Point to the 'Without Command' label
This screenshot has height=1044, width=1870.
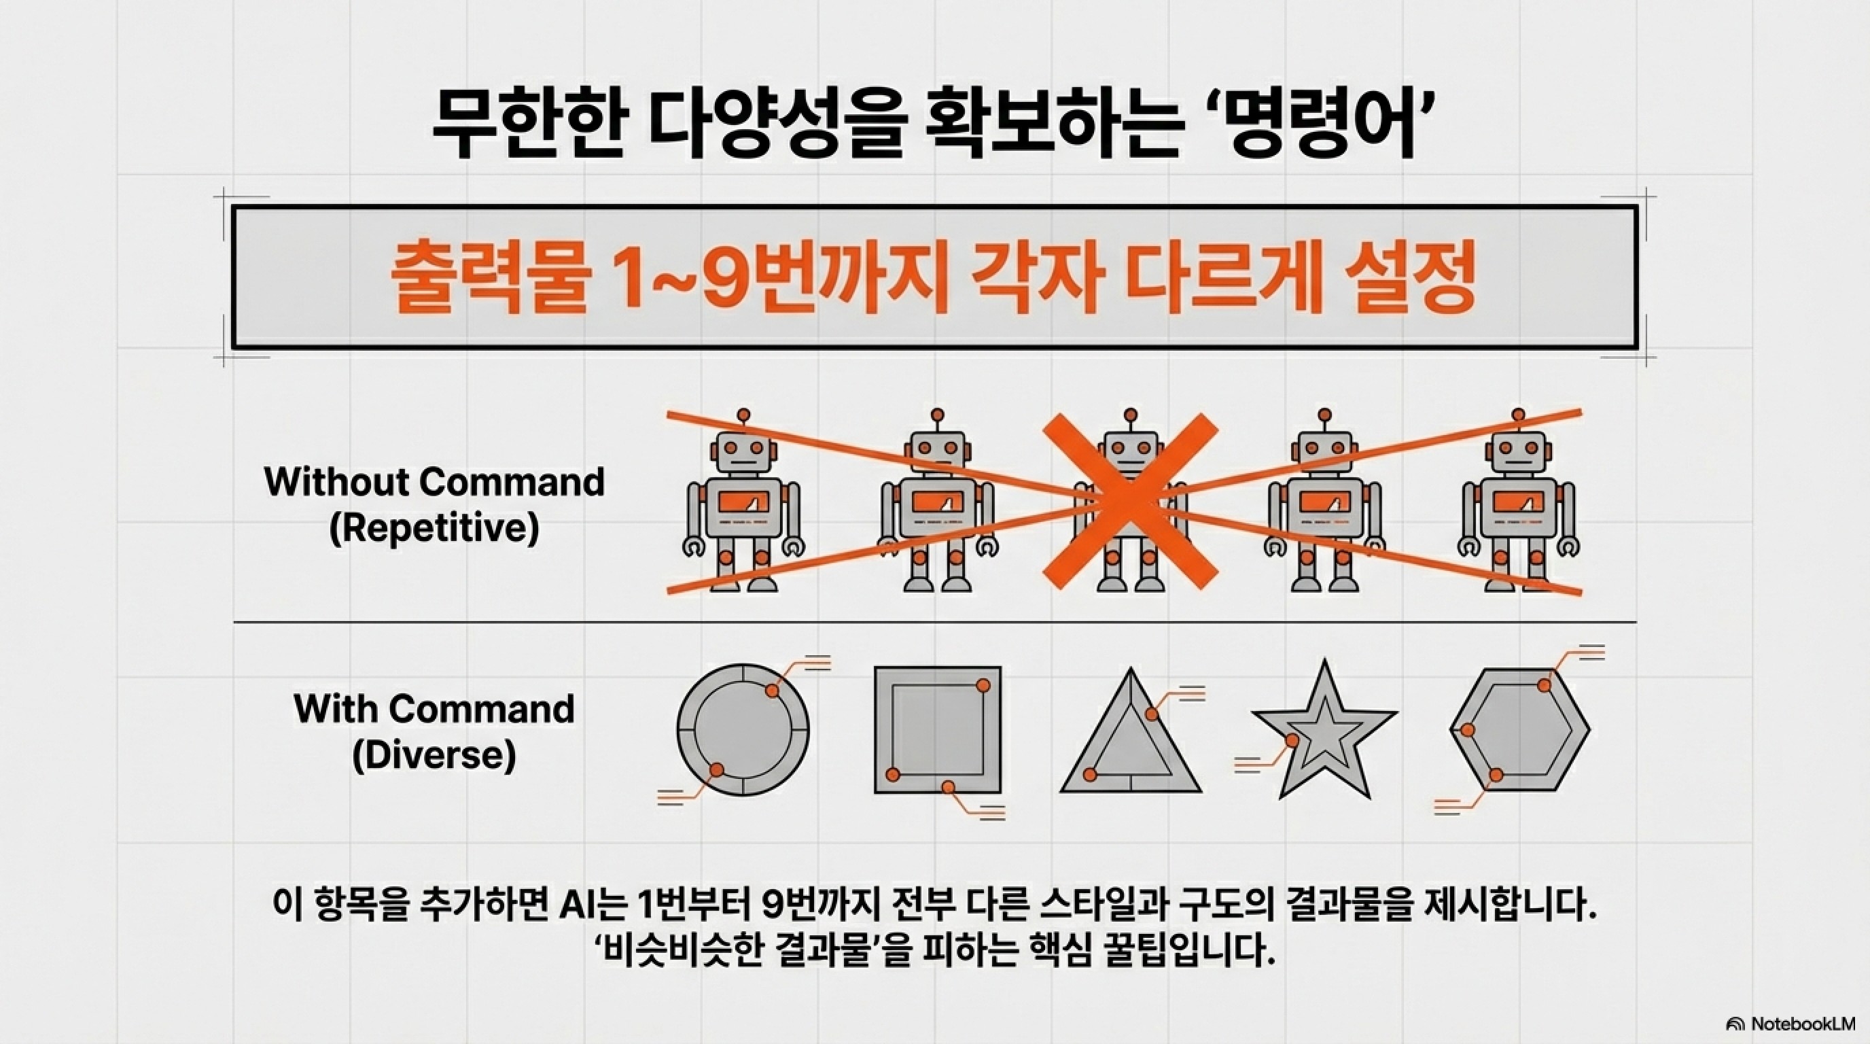coord(434,482)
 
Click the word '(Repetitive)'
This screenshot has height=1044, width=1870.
coord(434,529)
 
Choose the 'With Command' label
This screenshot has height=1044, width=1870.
coord(434,709)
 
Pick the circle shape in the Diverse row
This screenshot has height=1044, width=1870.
coord(743,727)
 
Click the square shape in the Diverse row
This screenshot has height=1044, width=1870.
coord(937,729)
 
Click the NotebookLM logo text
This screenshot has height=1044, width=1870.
coord(1800,1024)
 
